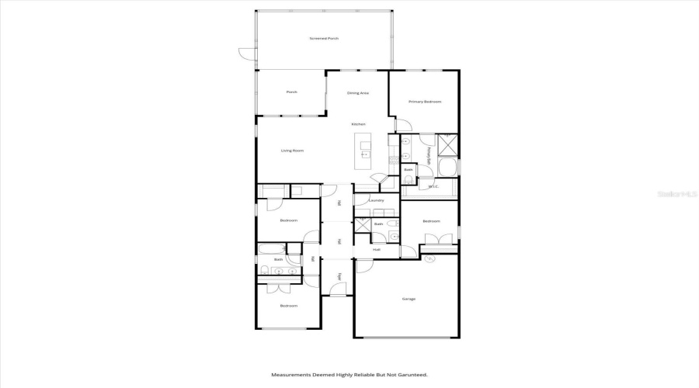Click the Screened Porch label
324,38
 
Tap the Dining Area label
358,93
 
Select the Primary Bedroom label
425,102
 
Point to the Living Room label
292,151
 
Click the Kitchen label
358,124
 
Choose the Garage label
408,299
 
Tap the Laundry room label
377,201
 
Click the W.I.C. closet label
433,186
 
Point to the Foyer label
339,276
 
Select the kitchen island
363,151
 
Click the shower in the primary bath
448,145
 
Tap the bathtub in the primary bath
448,168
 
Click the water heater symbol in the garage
429,258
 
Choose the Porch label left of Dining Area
291,92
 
